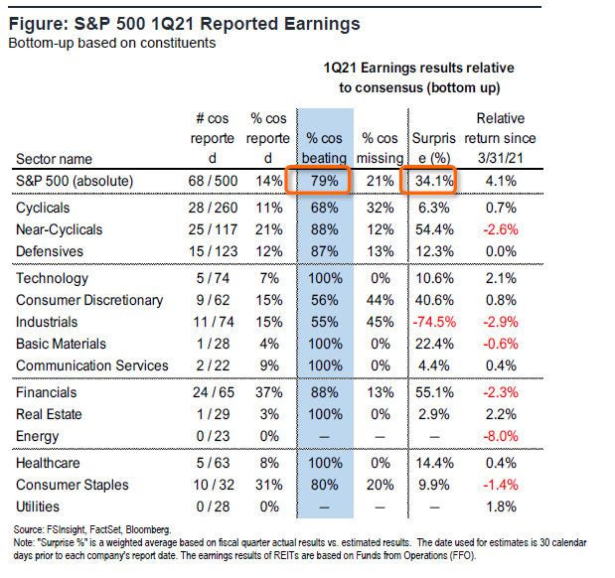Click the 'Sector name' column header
pyautogui.click(x=54, y=158)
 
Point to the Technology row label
pyautogui.click(x=53, y=279)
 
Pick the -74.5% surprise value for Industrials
pyautogui.click(x=433, y=323)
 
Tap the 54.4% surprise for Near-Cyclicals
pyautogui.click(x=434, y=230)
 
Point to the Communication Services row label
pyautogui.click(x=92, y=366)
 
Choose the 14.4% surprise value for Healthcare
pyautogui.click(x=434, y=462)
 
